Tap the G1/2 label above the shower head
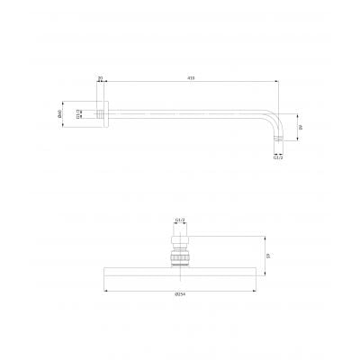pyautogui.click(x=179, y=219)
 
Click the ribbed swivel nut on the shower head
pyautogui.click(x=179, y=260)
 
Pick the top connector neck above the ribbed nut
pyautogui.click(x=179, y=235)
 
